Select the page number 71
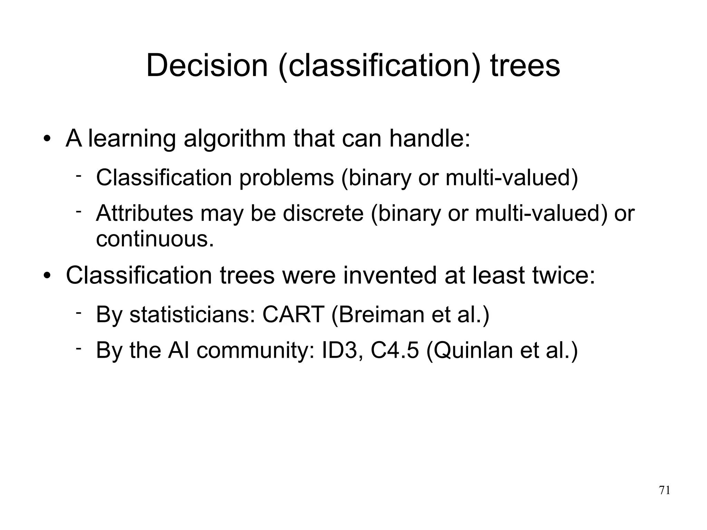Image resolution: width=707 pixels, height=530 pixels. coord(665,490)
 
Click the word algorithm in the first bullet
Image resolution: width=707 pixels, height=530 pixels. coord(234,139)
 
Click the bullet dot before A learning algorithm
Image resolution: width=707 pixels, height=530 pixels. coord(47,140)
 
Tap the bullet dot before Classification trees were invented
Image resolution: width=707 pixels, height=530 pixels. coord(47,276)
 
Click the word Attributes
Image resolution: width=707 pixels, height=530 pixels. coord(144,213)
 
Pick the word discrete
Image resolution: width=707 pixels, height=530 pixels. coord(323,213)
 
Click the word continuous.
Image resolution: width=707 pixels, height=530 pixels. coord(155,239)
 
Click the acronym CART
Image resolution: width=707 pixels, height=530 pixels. coord(293,315)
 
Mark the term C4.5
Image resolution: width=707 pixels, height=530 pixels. coord(395,350)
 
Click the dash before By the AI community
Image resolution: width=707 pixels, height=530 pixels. coord(79,348)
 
